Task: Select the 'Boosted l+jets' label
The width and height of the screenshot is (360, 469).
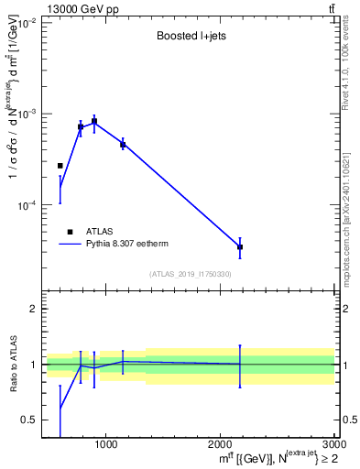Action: coord(191,38)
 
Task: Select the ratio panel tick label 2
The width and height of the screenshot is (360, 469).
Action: coord(33,309)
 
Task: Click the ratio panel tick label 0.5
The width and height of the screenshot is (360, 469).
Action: coord(29,420)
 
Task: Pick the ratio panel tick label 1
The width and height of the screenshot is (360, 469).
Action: coord(33,365)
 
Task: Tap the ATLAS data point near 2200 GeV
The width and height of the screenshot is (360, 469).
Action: coord(240,247)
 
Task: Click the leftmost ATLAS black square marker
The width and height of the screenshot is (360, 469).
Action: coord(60,166)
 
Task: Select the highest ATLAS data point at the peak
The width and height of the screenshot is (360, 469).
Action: coord(94,121)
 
